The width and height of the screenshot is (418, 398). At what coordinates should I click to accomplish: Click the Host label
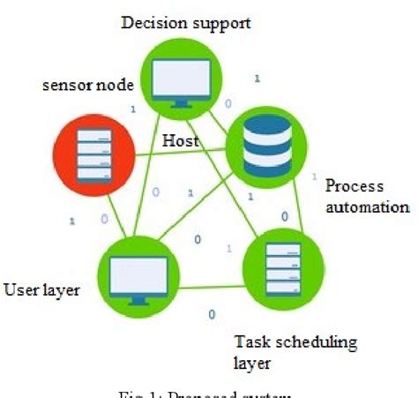(180, 140)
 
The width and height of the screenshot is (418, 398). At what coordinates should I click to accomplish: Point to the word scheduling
(302, 340)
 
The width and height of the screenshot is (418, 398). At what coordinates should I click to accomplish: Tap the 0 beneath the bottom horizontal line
(211, 312)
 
